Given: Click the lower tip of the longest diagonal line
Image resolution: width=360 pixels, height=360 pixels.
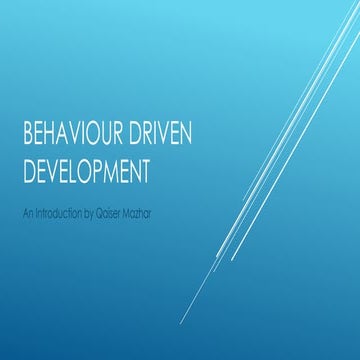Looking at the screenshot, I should pyautogui.click(x=181, y=324).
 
